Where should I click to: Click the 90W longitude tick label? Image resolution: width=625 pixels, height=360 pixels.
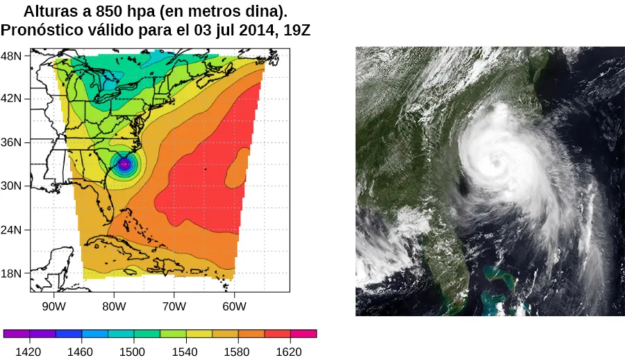pyautogui.click(x=53, y=306)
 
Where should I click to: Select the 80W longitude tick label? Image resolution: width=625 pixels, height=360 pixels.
pyautogui.click(x=114, y=306)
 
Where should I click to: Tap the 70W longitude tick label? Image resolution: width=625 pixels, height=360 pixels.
pyautogui.click(x=174, y=306)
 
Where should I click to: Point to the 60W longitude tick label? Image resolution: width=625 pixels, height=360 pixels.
pyautogui.click(x=234, y=306)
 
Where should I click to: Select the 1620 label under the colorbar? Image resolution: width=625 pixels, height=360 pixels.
pyautogui.click(x=289, y=352)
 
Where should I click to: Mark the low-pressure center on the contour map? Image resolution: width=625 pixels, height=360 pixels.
pyautogui.click(x=124, y=165)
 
